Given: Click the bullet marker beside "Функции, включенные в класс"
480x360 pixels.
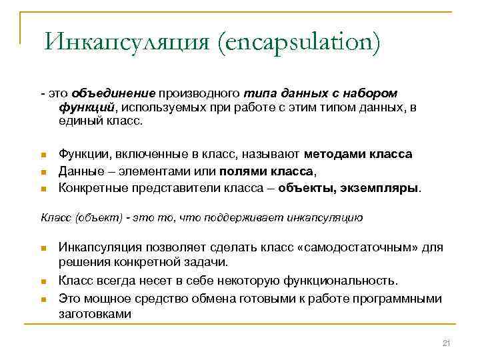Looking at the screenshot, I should point(43,155).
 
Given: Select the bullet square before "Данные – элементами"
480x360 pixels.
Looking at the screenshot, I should point(43,172).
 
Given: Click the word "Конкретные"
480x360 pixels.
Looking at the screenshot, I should point(92,187).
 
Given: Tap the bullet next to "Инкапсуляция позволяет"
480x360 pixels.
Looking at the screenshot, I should point(43,249).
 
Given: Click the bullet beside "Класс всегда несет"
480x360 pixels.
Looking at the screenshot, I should point(43,280).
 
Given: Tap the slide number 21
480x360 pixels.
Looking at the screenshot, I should point(447,343).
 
